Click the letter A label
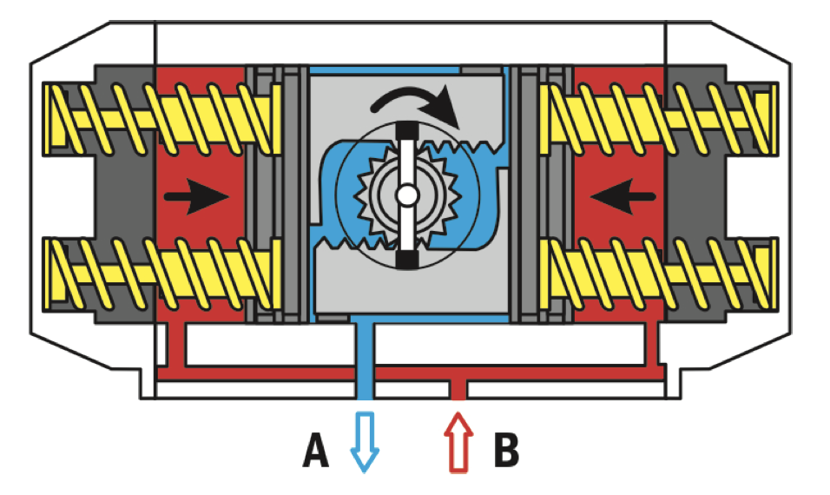click(315, 450)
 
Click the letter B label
click(506, 450)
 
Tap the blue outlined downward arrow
click(365, 441)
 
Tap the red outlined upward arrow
click(458, 442)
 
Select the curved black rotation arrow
click(418, 102)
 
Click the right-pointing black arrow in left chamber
click(196, 197)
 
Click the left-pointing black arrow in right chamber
click(623, 197)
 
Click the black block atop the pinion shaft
click(407, 129)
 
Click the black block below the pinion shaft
click(407, 261)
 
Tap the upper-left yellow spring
click(161, 119)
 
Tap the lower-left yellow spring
click(161, 274)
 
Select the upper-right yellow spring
click(658, 119)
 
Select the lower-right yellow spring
click(658, 274)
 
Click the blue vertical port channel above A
click(364, 361)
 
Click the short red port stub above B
click(458, 390)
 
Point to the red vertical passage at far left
click(177, 344)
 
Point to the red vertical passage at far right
click(652, 344)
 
